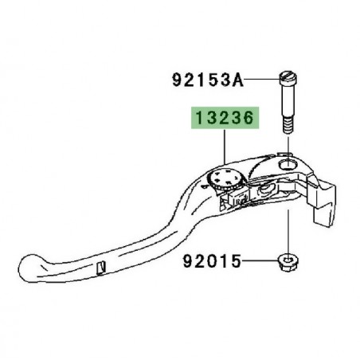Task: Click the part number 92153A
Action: tap(206, 80)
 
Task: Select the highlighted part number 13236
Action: tap(222, 119)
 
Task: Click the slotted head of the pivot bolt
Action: tap(289, 77)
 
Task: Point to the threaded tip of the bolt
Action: tap(289, 127)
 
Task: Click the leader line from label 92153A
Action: tap(260, 79)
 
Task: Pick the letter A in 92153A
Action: tap(236, 80)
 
